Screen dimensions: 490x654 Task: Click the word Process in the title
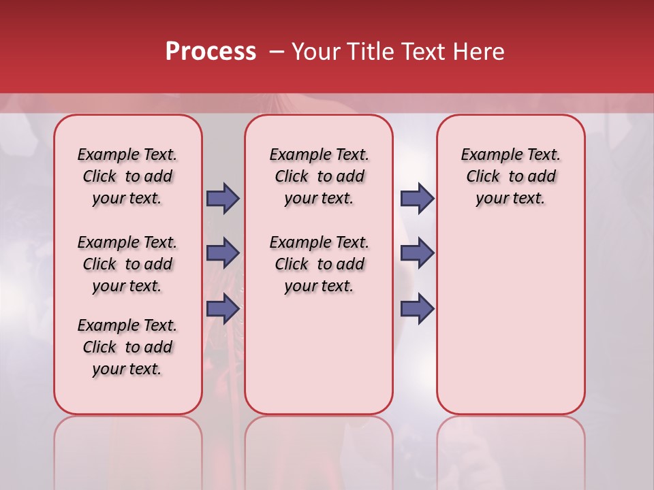(211, 52)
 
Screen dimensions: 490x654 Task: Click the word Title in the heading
(371, 52)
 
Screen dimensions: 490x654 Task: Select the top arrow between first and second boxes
(223, 198)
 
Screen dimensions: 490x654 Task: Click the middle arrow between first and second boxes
(223, 253)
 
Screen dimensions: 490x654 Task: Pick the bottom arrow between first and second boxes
(223, 308)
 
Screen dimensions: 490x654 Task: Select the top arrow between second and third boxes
(417, 198)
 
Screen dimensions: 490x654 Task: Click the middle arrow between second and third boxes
(417, 253)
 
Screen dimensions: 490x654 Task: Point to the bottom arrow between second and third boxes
(417, 308)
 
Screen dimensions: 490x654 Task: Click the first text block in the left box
(127, 176)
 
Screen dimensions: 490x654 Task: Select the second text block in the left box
(127, 264)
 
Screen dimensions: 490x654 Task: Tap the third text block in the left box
(127, 347)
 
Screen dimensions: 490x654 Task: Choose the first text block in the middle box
(319, 176)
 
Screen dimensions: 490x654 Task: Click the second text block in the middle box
(319, 264)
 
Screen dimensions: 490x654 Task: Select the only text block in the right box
(510, 176)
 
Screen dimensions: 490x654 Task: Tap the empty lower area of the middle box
(319, 354)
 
